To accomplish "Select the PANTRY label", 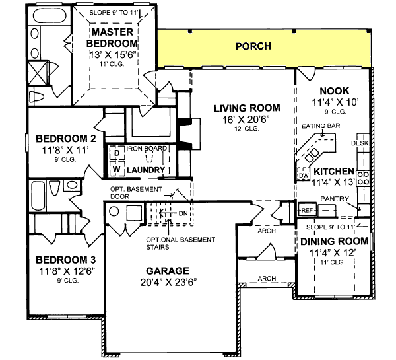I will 333,198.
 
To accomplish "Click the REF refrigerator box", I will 306,210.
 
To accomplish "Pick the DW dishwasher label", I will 304,177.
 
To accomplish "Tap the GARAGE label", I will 168,271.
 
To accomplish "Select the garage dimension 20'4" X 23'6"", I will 168,282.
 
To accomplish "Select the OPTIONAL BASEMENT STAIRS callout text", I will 173,243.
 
